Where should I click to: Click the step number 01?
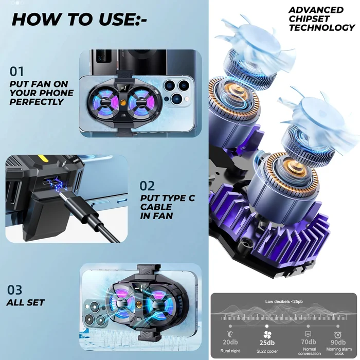[16, 71]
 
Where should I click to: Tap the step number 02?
[147, 186]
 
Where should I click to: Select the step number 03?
[15, 290]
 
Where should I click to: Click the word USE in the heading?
[117, 20]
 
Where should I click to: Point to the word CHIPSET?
[309, 19]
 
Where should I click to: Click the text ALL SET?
[26, 302]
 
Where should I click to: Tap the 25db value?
[267, 343]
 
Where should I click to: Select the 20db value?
[230, 342]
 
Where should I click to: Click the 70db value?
[309, 342]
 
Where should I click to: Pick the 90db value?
[338, 343]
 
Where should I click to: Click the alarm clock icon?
[337, 335]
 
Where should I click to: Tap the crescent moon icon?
[229, 334]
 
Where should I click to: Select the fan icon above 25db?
[267, 335]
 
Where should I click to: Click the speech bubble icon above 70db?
[308, 334]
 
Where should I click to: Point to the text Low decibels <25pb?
[284, 301]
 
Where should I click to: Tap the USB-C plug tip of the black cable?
[60, 195]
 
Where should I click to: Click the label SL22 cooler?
[267, 351]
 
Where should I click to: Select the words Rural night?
[230, 351]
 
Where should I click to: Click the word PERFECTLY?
[37, 102]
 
